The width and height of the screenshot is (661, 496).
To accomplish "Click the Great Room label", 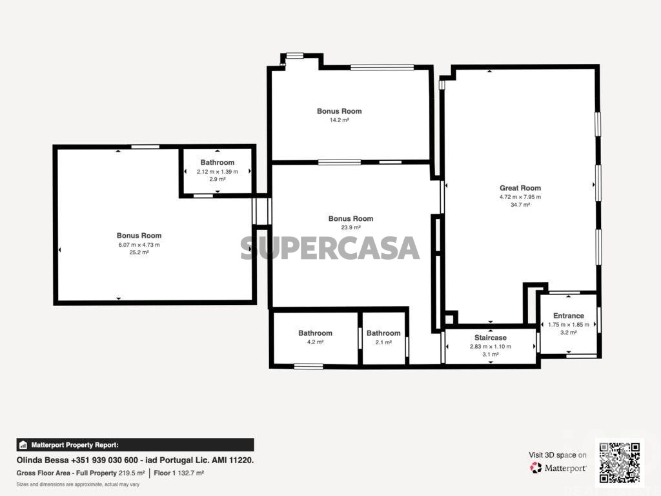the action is point(520,188).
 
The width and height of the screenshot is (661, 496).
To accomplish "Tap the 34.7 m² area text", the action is point(520,205).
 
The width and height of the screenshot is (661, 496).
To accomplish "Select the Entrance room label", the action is point(568,315).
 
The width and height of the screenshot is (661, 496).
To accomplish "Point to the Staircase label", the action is point(491,337).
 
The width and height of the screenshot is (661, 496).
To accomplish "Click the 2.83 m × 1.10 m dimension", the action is point(491,347).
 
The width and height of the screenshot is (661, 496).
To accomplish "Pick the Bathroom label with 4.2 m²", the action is point(315,333).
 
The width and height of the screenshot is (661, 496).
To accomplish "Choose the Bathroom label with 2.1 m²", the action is point(383,333).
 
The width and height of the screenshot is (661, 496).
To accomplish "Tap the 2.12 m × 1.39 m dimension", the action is point(217,172).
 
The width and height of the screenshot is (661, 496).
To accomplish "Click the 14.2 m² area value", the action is point(340,119).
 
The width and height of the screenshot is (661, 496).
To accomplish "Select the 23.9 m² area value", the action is point(351,227).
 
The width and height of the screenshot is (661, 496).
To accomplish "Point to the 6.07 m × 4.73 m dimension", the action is point(139,245).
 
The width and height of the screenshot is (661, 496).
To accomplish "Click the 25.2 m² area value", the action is point(139,253).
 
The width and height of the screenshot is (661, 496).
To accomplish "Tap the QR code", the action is point(620,462).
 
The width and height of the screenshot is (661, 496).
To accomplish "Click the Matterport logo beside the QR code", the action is point(558,468).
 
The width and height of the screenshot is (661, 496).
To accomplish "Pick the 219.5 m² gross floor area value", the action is point(132,473).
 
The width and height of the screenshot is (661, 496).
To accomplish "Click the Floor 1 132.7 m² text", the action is point(179,473).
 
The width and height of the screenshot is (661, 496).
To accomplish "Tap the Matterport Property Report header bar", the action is point(136,445).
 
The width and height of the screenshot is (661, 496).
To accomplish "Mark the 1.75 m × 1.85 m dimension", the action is point(569,325).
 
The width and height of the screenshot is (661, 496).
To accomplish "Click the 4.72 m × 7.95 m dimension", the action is point(520,197).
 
